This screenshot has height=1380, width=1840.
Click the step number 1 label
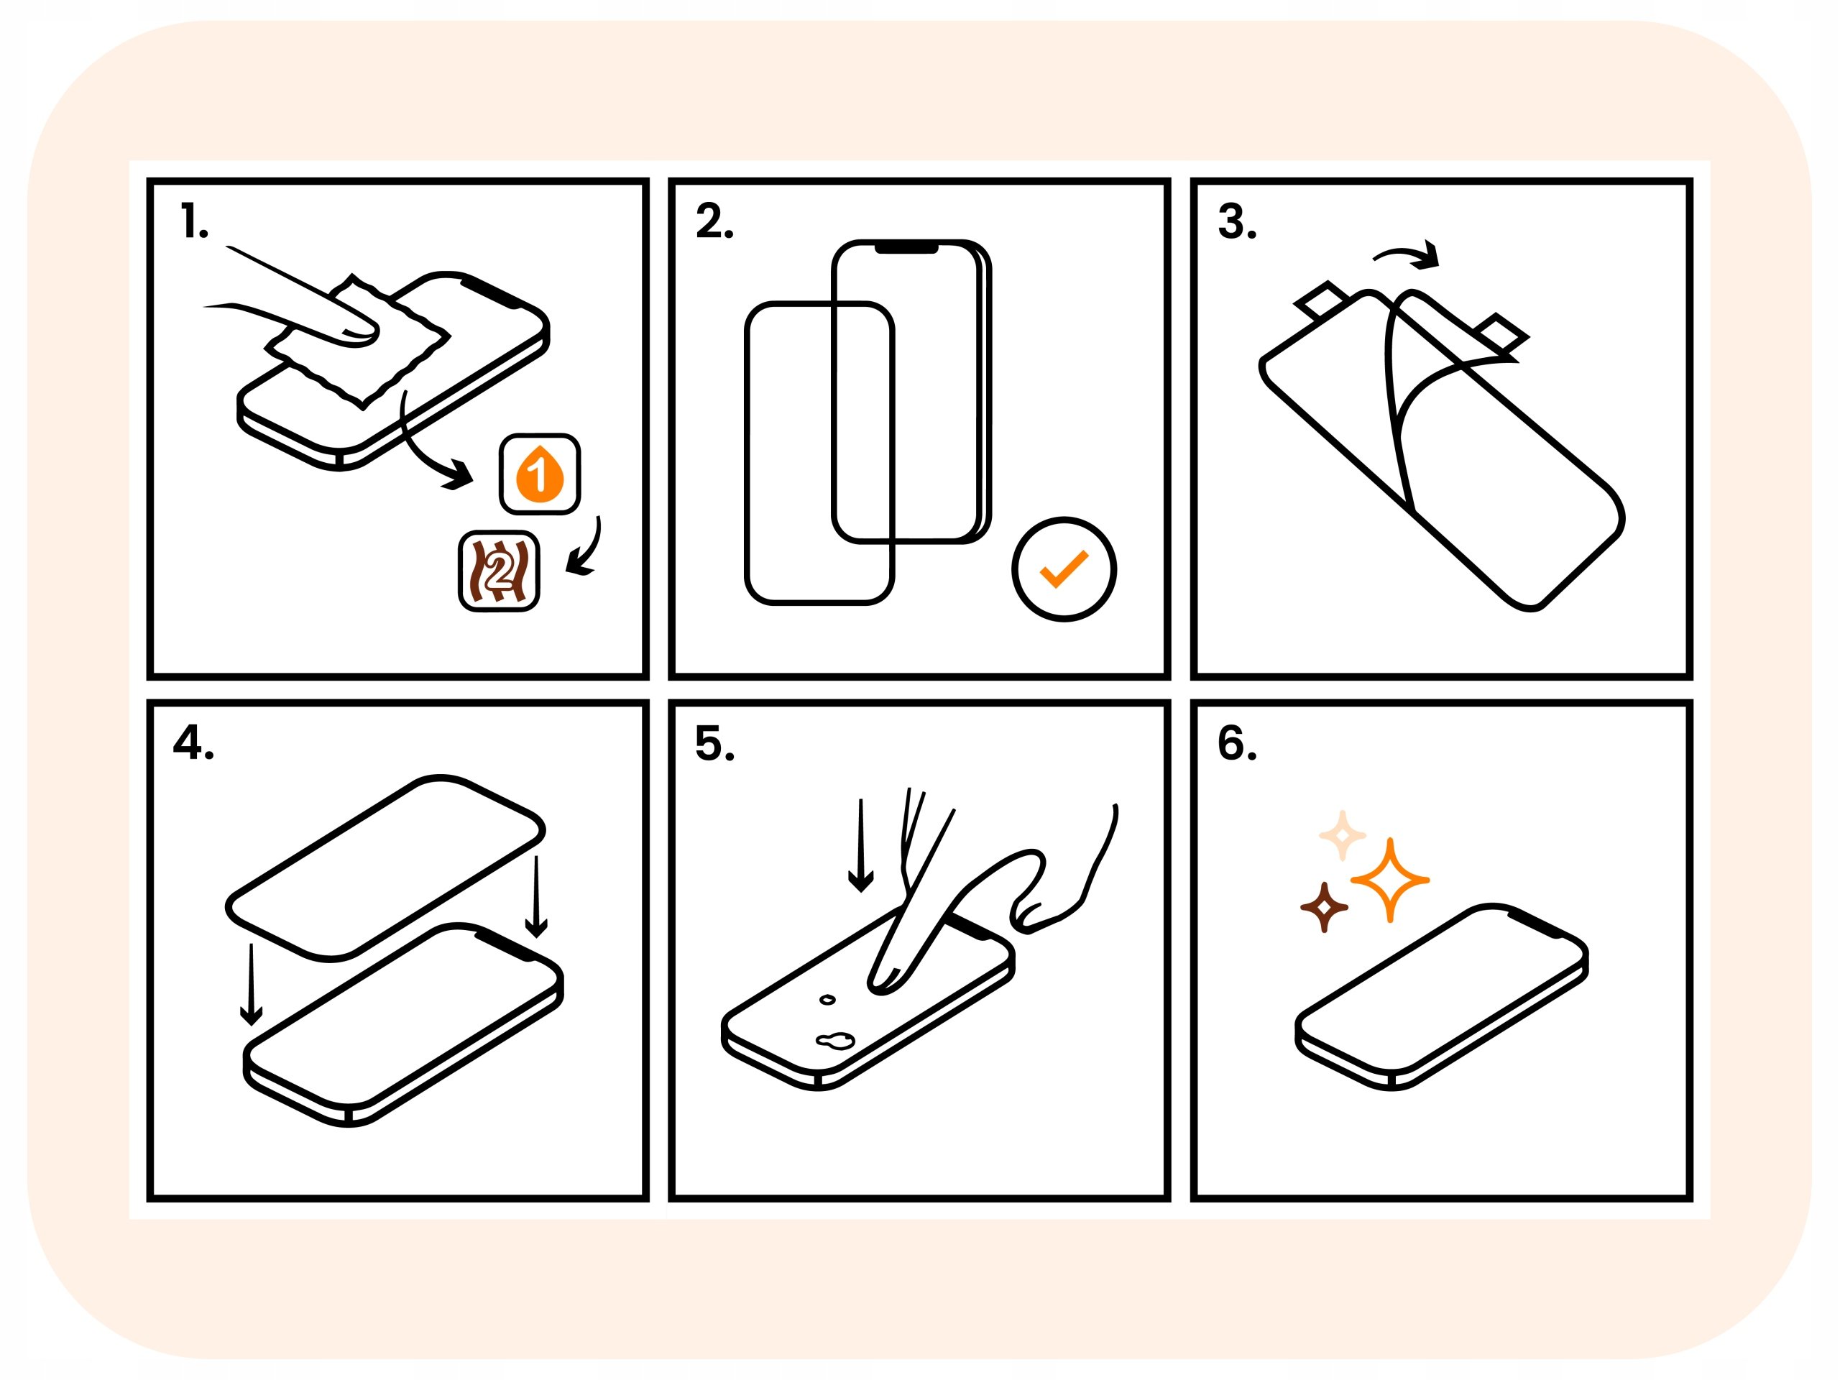(x=194, y=222)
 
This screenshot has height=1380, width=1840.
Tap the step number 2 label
(x=714, y=222)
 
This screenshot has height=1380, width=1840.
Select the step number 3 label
(x=1237, y=222)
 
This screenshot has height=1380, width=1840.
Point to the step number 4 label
(x=193, y=742)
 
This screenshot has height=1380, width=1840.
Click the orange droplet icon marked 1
(x=540, y=474)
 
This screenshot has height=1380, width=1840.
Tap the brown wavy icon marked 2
(x=499, y=571)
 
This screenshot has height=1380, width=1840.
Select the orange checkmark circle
(x=1064, y=569)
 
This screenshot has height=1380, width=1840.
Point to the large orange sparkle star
(x=1390, y=879)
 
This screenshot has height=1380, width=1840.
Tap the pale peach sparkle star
(x=1343, y=835)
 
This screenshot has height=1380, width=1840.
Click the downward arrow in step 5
(x=861, y=845)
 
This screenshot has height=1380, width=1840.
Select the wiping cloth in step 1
(x=358, y=341)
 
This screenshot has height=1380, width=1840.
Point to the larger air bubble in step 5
(x=834, y=1040)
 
